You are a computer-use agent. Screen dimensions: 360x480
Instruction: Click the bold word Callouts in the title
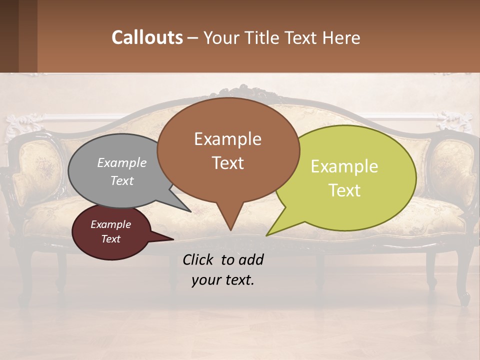point(147,37)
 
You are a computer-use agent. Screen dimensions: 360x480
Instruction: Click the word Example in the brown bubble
point(227,139)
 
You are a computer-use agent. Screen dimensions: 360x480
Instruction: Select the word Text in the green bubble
point(345,190)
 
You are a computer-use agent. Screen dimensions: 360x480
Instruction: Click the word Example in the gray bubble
point(122,163)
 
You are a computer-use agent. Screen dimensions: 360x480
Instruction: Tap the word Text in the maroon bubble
point(111,239)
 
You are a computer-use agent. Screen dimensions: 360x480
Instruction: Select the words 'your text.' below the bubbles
point(223,280)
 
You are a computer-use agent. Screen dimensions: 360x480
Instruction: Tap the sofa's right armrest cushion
point(447,170)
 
